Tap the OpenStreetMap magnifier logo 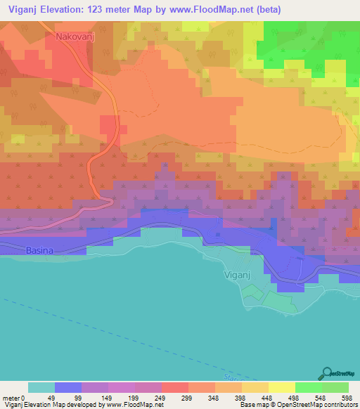coord(328,373)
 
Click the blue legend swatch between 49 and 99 coord(68,387)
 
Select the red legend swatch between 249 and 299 coord(175,387)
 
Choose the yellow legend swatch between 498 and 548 coord(282,387)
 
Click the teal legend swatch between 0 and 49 coord(41,387)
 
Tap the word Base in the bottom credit coord(247,405)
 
